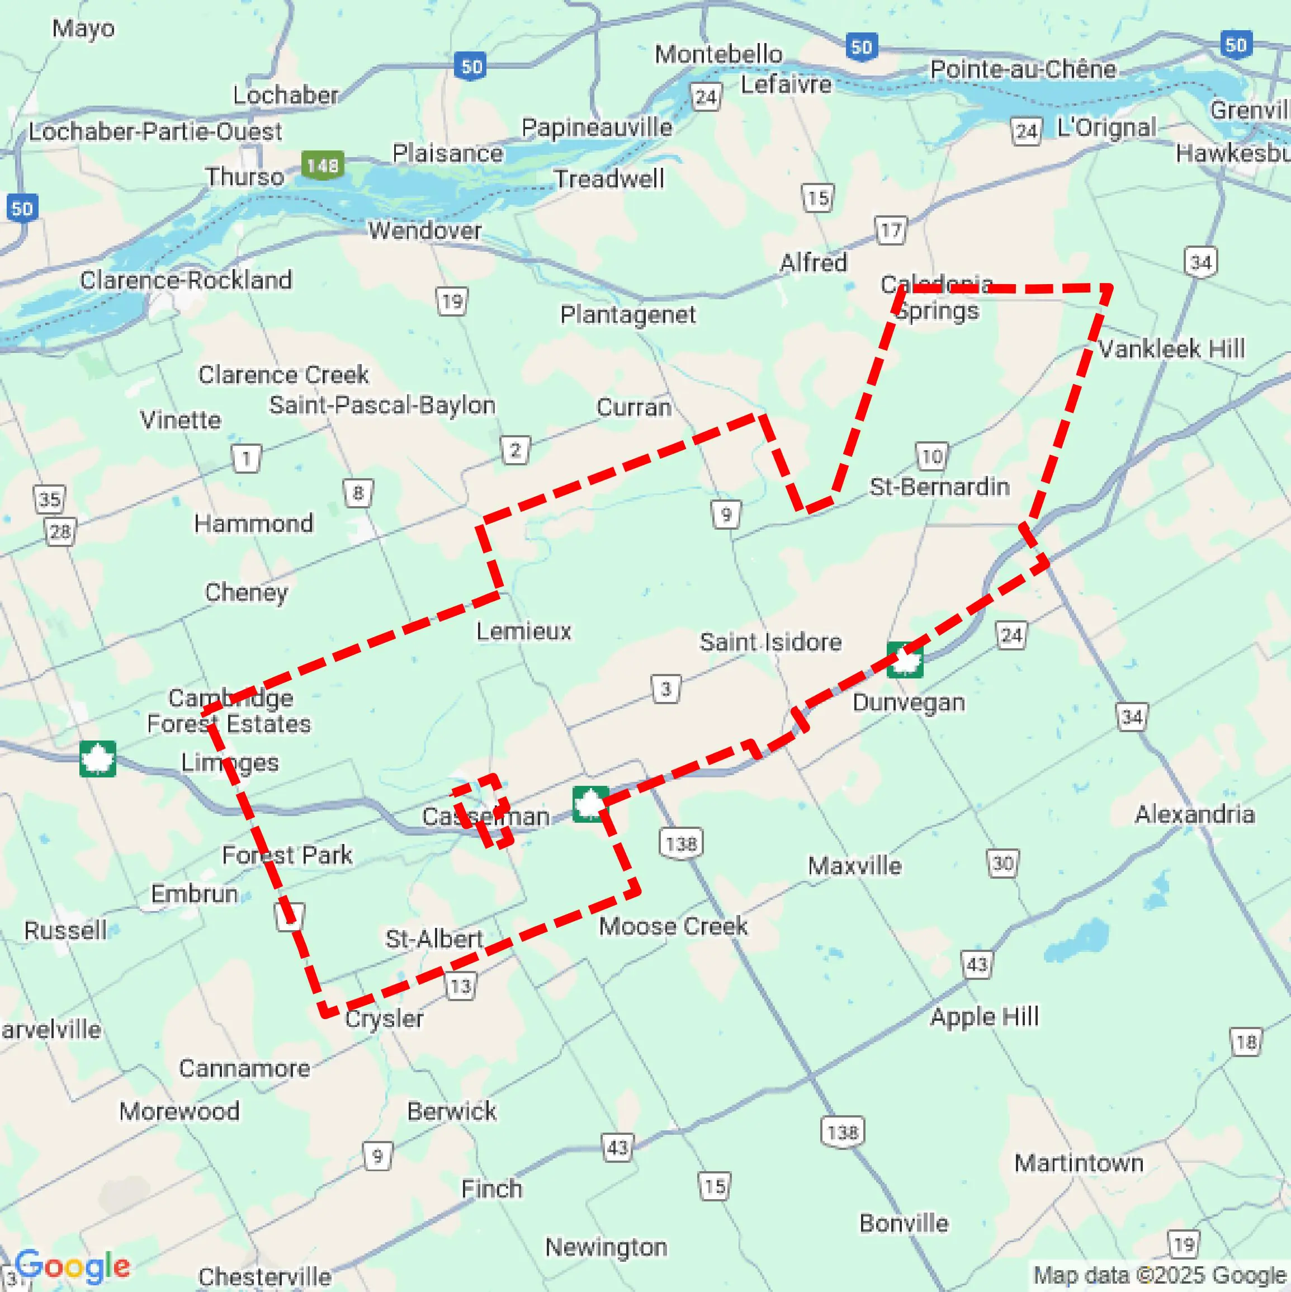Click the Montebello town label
click(718, 54)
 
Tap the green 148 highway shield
click(322, 164)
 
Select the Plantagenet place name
click(628, 314)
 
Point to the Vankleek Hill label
click(1171, 348)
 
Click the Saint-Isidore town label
click(770, 642)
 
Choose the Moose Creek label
click(673, 926)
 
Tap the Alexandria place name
click(1194, 814)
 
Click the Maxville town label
click(854, 866)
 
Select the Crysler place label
click(384, 1018)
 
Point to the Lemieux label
click(523, 631)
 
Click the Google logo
click(72, 1265)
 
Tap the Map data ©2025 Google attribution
click(1160, 1275)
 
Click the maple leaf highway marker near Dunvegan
click(905, 660)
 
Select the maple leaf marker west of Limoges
click(98, 759)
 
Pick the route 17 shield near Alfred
click(891, 230)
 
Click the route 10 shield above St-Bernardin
click(931, 457)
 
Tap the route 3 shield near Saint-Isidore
click(666, 689)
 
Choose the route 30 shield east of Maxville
click(1002, 864)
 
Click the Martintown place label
click(1079, 1163)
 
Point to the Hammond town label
click(253, 524)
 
